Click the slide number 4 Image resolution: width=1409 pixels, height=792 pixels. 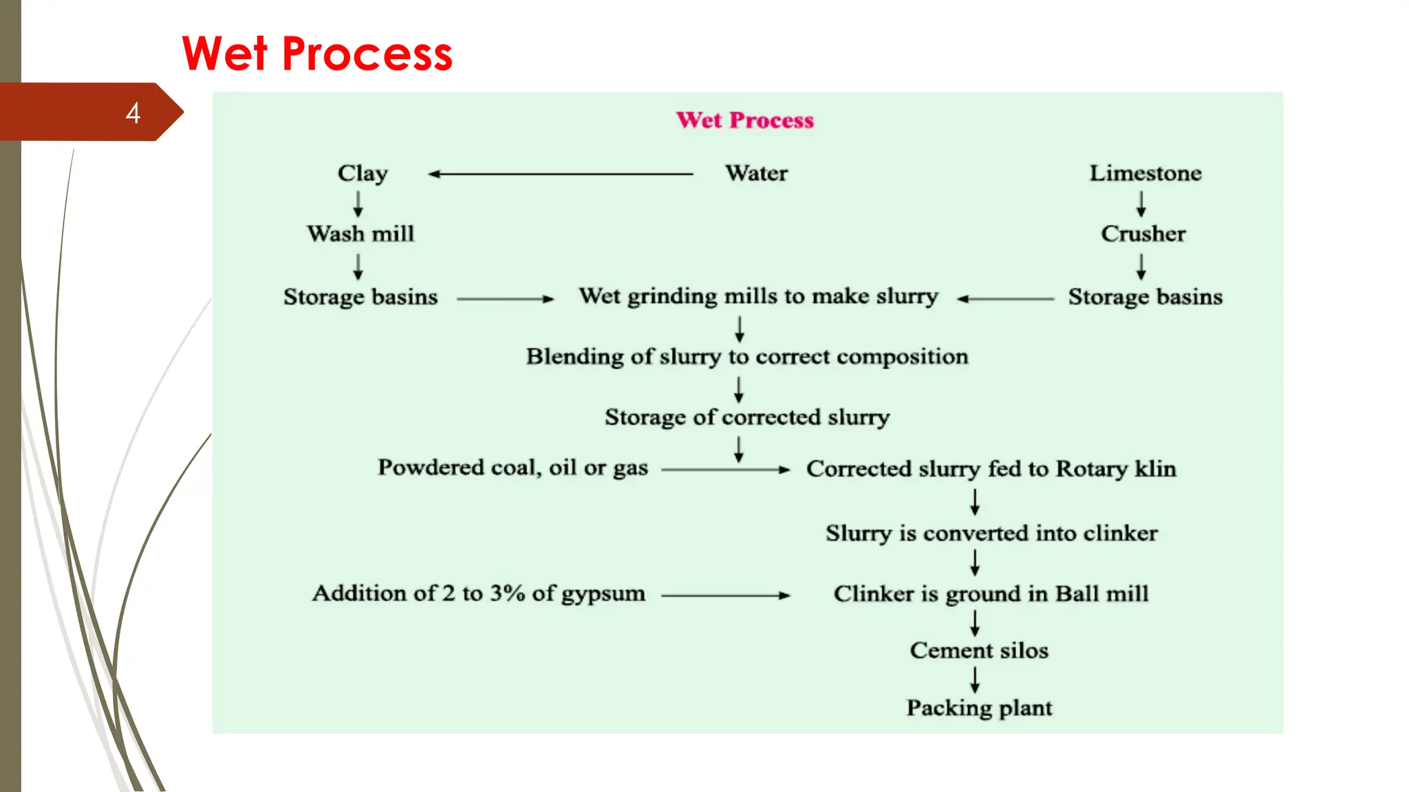[x=133, y=113]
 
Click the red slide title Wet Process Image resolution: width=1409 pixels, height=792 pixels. [x=317, y=54]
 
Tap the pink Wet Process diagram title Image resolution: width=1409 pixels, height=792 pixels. [x=744, y=120]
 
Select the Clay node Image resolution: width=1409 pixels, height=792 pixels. [x=363, y=173]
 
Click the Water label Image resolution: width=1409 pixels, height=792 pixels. [x=756, y=173]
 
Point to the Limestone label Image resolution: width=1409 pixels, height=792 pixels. [x=1145, y=173]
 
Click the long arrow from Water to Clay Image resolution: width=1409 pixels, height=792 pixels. [x=561, y=174]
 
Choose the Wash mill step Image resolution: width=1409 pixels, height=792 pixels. [x=361, y=234]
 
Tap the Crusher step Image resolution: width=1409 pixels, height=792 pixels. [x=1143, y=234]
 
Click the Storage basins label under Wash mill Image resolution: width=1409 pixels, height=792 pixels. [x=361, y=297]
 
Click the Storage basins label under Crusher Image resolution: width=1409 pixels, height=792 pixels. [x=1145, y=297]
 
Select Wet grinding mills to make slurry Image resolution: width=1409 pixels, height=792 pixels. [x=758, y=296]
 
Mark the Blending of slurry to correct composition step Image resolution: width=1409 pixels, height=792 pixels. [x=747, y=357]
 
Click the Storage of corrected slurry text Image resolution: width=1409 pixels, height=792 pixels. [x=747, y=417]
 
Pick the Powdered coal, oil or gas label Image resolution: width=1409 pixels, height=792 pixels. [x=513, y=468]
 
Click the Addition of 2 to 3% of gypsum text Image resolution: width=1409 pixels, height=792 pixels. [x=479, y=593]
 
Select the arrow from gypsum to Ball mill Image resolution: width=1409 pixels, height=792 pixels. [x=725, y=595]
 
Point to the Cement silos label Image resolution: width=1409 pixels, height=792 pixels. [x=978, y=650]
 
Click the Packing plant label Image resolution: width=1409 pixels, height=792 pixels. [x=978, y=708]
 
